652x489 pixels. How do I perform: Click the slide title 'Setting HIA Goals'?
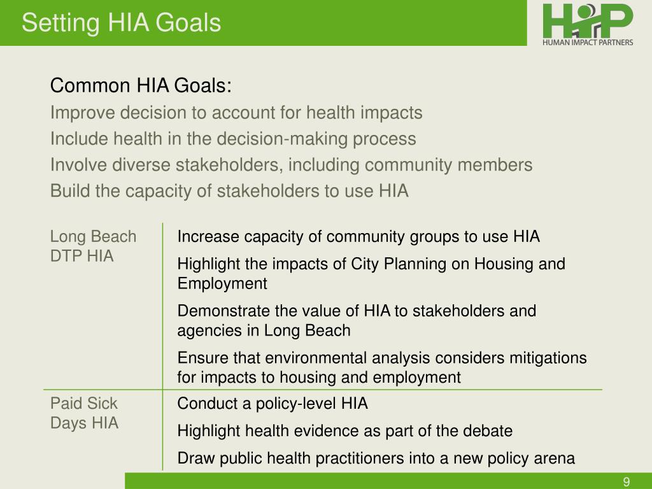[x=121, y=23]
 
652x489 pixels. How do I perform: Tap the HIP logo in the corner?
[x=588, y=20]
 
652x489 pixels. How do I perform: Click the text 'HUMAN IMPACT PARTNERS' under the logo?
[x=588, y=43]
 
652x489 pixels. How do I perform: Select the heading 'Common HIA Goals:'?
[x=141, y=85]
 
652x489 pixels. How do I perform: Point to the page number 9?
[x=627, y=481]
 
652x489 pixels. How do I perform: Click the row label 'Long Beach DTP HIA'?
[x=93, y=246]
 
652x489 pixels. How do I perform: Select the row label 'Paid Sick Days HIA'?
[x=84, y=413]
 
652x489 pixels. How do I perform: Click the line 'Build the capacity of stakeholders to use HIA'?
[x=229, y=191]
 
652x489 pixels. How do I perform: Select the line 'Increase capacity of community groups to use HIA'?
[x=358, y=237]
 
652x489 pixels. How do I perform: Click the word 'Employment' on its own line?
[x=222, y=283]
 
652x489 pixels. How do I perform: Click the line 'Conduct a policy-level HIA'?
[x=273, y=404]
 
